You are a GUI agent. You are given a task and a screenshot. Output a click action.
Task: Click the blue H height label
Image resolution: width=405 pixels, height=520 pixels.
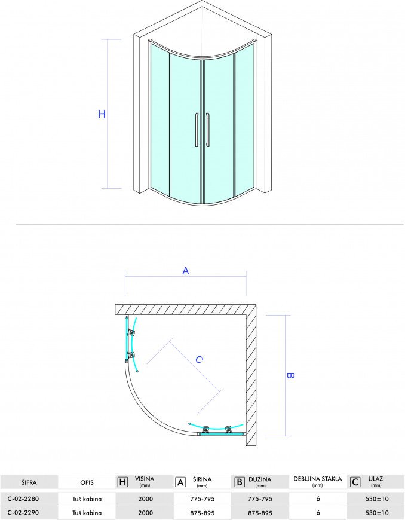(x=102, y=114)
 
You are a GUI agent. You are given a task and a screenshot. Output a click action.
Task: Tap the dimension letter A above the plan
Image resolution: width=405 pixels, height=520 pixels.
(x=186, y=271)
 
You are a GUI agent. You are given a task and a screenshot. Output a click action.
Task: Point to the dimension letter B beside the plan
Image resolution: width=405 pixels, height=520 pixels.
(x=290, y=375)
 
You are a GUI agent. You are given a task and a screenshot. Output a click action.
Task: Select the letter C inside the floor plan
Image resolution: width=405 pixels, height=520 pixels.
(x=199, y=359)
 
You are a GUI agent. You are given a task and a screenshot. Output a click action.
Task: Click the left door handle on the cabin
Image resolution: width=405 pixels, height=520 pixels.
(x=197, y=130)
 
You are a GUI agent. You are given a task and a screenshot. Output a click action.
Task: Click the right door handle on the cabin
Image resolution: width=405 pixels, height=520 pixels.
(x=207, y=130)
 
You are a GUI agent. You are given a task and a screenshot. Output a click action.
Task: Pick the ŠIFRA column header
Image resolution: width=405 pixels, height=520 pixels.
(x=29, y=482)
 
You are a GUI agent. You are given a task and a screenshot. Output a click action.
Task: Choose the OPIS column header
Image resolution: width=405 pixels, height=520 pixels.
(x=87, y=482)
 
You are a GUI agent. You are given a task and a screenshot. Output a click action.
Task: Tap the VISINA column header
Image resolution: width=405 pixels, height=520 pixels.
(x=145, y=479)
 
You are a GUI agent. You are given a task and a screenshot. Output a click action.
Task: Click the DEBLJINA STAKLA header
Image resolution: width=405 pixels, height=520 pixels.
(x=318, y=479)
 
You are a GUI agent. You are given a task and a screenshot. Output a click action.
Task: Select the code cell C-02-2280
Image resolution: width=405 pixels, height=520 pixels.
(x=23, y=498)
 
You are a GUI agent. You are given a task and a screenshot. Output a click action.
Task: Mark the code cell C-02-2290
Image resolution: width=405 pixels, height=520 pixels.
(x=23, y=513)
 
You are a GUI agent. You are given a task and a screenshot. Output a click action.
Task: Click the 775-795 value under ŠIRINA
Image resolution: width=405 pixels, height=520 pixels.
(x=202, y=498)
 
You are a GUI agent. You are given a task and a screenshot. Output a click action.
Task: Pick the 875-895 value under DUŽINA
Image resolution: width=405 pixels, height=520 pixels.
(x=260, y=513)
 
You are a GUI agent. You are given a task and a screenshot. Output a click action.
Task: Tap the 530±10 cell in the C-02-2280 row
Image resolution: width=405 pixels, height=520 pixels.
(x=376, y=498)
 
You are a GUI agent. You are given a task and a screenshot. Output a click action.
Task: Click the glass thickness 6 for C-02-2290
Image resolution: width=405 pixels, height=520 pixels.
(x=318, y=513)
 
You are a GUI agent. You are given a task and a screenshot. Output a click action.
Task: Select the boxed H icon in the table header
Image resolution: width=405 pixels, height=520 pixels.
(x=122, y=482)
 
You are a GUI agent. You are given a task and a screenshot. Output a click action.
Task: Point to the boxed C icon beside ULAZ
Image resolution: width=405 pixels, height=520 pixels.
(x=355, y=482)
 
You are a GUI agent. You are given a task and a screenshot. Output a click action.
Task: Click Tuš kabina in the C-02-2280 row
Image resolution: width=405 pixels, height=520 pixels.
(x=87, y=498)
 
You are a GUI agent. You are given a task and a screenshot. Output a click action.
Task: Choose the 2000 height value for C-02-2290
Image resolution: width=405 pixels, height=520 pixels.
(x=146, y=513)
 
